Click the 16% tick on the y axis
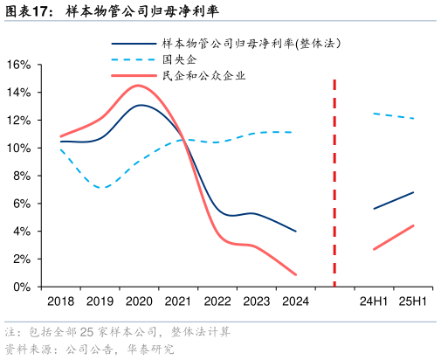(x=19, y=65)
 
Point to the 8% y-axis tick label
(x=22, y=176)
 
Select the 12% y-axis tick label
(x=19, y=120)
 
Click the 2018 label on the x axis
(x=60, y=302)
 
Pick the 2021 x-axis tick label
(x=178, y=302)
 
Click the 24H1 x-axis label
(x=374, y=302)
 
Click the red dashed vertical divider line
(x=334, y=183)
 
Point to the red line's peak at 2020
(x=138, y=86)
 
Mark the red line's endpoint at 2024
(x=296, y=274)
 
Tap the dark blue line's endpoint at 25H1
(x=413, y=192)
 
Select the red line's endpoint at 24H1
(x=374, y=249)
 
